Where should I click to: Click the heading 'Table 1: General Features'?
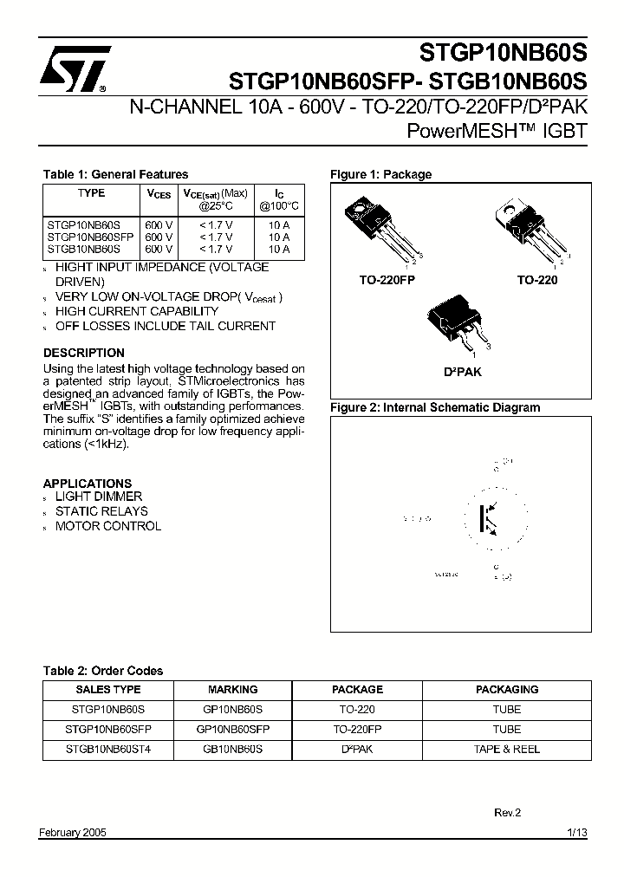click(x=115, y=174)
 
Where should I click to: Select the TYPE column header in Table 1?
click(x=91, y=193)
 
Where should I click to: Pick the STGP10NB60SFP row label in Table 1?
click(x=90, y=237)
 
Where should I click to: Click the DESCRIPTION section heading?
click(x=84, y=353)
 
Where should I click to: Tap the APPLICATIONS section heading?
click(x=88, y=483)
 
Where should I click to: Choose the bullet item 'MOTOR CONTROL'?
click(x=107, y=526)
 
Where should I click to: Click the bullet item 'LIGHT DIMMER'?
click(x=98, y=497)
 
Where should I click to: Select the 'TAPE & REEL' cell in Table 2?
click(x=507, y=750)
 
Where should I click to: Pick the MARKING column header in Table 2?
click(x=233, y=690)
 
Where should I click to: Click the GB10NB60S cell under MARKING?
click(x=232, y=750)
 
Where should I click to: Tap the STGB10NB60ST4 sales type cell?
click(x=108, y=750)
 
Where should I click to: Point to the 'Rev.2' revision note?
click(x=507, y=813)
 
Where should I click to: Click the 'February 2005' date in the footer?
click(x=74, y=833)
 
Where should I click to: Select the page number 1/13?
click(x=577, y=833)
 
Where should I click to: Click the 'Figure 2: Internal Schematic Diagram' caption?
click(x=435, y=407)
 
